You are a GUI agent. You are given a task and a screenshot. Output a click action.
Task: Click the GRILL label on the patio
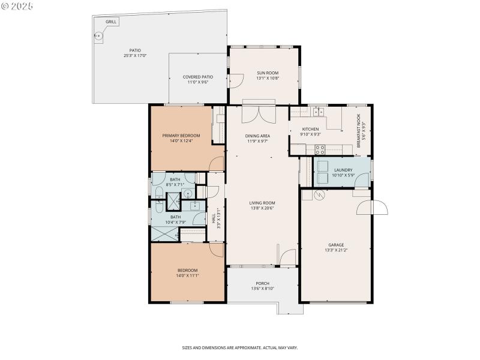[x=111, y=22]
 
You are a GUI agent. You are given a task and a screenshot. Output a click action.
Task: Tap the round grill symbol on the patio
[x=99, y=36]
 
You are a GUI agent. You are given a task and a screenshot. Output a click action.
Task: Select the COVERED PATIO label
[x=197, y=77]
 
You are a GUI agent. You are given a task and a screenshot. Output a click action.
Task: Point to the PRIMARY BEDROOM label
[x=181, y=136]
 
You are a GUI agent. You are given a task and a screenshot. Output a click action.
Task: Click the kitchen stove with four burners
[x=316, y=112]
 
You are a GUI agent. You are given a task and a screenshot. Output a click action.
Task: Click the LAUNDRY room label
[x=343, y=170]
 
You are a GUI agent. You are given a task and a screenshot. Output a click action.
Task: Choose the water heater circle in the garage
[x=319, y=195]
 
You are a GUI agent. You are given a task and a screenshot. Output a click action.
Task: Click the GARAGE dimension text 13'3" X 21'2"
[x=335, y=250]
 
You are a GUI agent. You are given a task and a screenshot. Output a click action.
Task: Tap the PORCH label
[x=262, y=283]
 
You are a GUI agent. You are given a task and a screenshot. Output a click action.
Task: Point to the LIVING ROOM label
[x=262, y=203]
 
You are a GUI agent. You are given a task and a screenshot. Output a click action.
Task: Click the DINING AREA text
[x=257, y=136]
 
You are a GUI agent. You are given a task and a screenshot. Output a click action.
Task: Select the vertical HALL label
[x=214, y=220]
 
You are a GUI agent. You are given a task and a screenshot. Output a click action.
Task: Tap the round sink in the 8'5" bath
[x=187, y=193]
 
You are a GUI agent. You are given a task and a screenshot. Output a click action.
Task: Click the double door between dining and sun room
[x=258, y=114]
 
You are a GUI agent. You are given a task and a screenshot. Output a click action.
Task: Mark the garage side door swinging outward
[x=372, y=208]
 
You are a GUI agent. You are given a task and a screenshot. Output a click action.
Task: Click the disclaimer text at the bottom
[x=240, y=347]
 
